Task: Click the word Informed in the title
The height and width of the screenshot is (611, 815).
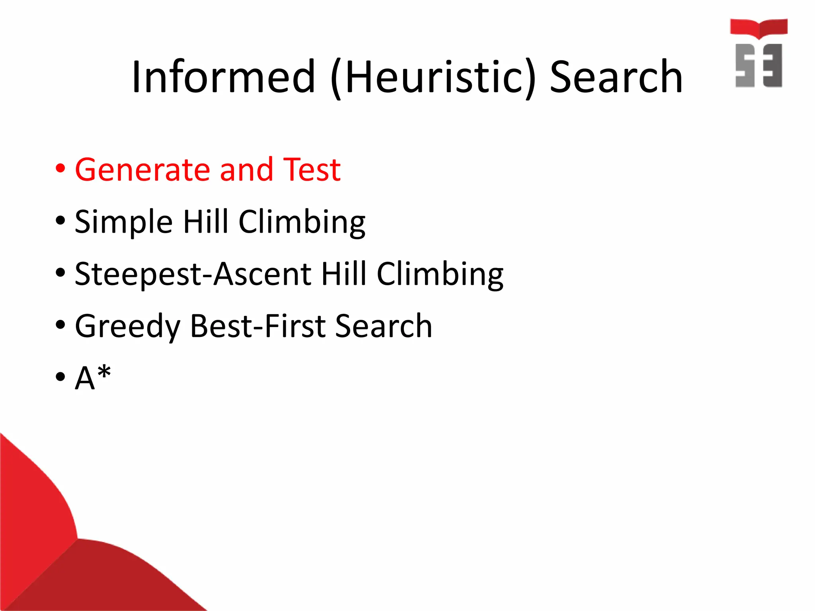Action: pyautogui.click(x=224, y=76)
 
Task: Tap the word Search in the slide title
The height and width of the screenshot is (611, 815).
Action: pyautogui.click(x=616, y=76)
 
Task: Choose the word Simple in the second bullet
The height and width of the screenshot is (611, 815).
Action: pyautogui.click(x=124, y=222)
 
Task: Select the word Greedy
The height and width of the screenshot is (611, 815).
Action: pyautogui.click(x=128, y=327)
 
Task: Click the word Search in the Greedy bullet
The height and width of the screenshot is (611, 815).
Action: pyautogui.click(x=384, y=326)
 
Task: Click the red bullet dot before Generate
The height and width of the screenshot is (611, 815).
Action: pyautogui.click(x=60, y=169)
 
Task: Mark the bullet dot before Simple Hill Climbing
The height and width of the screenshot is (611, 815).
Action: pyautogui.click(x=60, y=220)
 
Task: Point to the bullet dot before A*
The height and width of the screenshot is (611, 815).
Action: pyautogui.click(x=60, y=376)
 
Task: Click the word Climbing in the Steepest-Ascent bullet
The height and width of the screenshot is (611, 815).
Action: pyautogui.click(x=440, y=274)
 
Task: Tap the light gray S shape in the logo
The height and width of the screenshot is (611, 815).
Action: pyautogui.click(x=745, y=65)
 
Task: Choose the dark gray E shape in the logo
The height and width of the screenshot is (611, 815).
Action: pyautogui.click(x=772, y=65)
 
